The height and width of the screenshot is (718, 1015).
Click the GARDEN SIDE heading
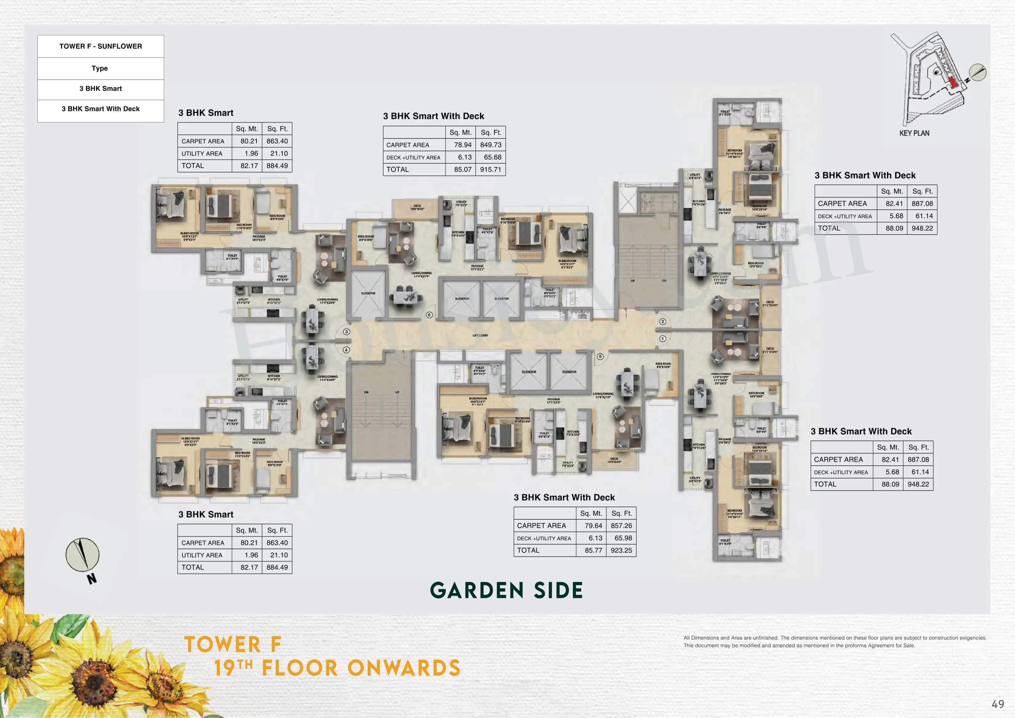pyautogui.click(x=506, y=591)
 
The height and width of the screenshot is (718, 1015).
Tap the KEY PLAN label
pyautogui.click(x=914, y=133)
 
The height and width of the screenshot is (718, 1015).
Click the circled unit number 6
pyautogui.click(x=429, y=315)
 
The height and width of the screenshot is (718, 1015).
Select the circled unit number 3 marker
pyautogui.click(x=347, y=331)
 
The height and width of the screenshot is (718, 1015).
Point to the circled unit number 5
pyautogui.click(x=600, y=357)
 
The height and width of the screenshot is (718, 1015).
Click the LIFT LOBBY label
pyautogui.click(x=480, y=335)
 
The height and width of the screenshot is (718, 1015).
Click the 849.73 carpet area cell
pyautogui.click(x=491, y=145)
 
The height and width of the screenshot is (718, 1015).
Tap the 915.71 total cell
pyautogui.click(x=491, y=169)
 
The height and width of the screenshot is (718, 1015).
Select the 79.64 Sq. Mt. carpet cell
pyautogui.click(x=593, y=526)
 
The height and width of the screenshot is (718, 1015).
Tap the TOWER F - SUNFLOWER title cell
pyautogui.click(x=101, y=46)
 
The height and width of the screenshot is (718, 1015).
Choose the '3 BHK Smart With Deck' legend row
pyautogui.click(x=101, y=109)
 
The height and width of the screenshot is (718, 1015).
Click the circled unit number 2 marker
pyautogui.click(x=662, y=322)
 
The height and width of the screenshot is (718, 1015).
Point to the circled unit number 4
pyautogui.click(x=347, y=350)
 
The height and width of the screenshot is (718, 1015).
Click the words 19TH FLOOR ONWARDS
pyautogui.click(x=337, y=668)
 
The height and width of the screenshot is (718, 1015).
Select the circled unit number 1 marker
pyautogui.click(x=662, y=338)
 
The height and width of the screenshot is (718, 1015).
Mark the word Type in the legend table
pyautogui.click(x=100, y=68)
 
